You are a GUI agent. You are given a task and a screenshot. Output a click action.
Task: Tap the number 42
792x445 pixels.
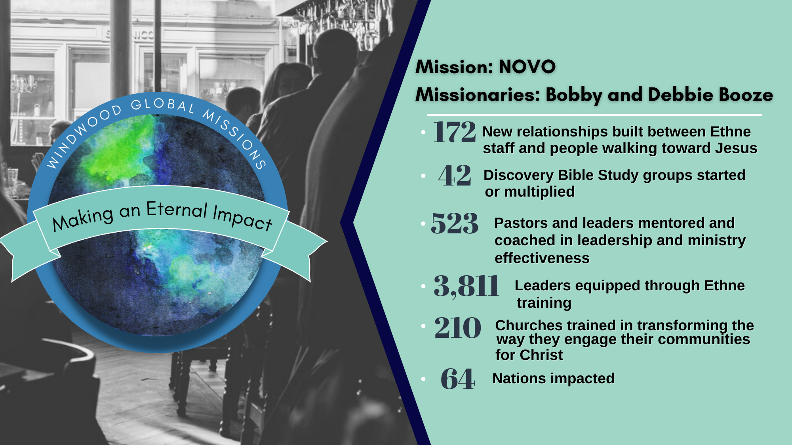pyautogui.click(x=455, y=176)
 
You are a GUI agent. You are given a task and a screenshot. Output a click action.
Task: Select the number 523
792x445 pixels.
pyautogui.click(x=455, y=223)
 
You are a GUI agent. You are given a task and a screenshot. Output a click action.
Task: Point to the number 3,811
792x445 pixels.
pyautogui.click(x=466, y=286)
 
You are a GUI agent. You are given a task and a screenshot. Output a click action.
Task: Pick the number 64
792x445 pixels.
pyautogui.click(x=457, y=379)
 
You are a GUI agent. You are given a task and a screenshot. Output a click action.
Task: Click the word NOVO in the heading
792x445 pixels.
pyautogui.click(x=527, y=66)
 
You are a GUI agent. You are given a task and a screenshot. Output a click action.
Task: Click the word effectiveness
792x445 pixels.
pyautogui.click(x=542, y=258)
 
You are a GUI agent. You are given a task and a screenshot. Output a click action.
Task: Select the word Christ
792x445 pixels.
pyautogui.click(x=541, y=355)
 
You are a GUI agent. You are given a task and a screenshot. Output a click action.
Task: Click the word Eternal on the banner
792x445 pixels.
pyautogui.click(x=177, y=210)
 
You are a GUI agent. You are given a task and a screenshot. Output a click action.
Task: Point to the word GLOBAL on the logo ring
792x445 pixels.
pyautogui.click(x=163, y=104)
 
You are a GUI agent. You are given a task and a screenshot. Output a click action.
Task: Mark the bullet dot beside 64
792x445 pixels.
pyautogui.click(x=423, y=379)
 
